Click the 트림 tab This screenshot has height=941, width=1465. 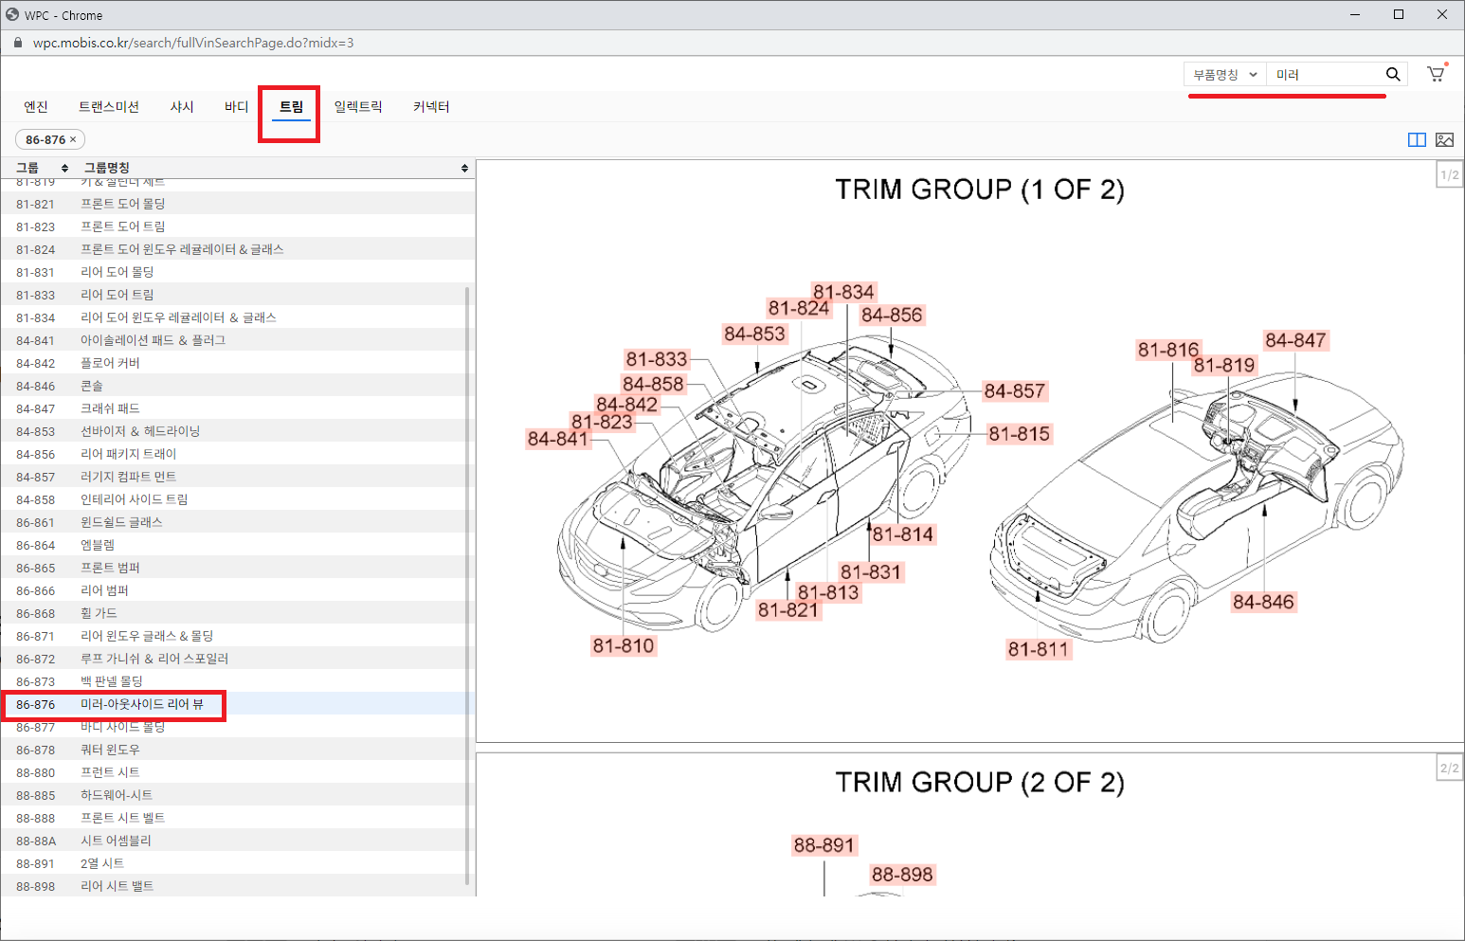pyautogui.click(x=291, y=106)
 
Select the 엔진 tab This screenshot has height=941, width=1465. pyautogui.click(x=36, y=106)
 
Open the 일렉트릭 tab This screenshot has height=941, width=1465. pyautogui.click(x=358, y=106)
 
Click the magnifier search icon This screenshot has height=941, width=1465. pyautogui.click(x=1392, y=75)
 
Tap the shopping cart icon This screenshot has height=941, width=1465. pyautogui.click(x=1436, y=74)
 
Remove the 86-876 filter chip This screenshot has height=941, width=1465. pyautogui.click(x=73, y=139)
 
